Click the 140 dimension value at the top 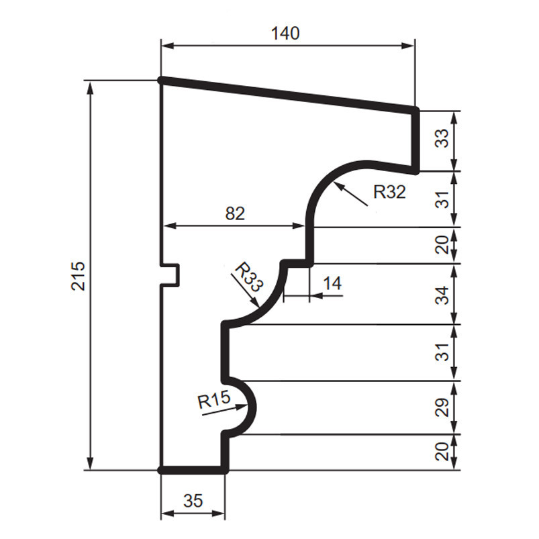(x=285, y=34)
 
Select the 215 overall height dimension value (x=78, y=276)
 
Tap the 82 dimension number (x=235, y=213)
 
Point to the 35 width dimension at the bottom (x=193, y=501)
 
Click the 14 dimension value (x=332, y=283)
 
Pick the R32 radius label (x=389, y=192)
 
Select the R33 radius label (x=248, y=277)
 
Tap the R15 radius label (x=214, y=400)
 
